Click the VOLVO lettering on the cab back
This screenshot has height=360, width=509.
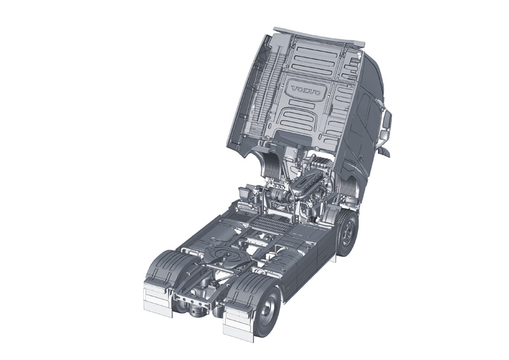tap(307, 90)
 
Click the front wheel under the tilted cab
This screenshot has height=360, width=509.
tap(347, 232)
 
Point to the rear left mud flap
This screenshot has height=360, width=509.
tap(158, 299)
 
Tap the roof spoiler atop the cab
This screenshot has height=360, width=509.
tap(319, 36)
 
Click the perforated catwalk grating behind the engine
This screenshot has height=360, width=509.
tap(271, 223)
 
